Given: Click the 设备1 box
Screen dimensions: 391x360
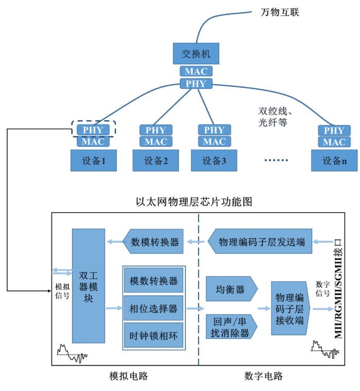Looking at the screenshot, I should [93, 160].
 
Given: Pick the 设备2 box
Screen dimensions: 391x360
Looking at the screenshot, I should [156, 160].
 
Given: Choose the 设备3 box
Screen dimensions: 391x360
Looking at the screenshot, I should [214, 160].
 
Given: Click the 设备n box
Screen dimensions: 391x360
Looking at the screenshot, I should [333, 160].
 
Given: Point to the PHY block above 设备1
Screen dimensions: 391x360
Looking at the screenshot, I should [93, 129].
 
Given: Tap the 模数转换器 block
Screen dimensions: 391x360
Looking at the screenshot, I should [153, 281].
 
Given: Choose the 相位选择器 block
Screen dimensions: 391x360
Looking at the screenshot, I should [153, 308].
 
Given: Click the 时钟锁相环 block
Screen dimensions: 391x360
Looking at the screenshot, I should [153, 336].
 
